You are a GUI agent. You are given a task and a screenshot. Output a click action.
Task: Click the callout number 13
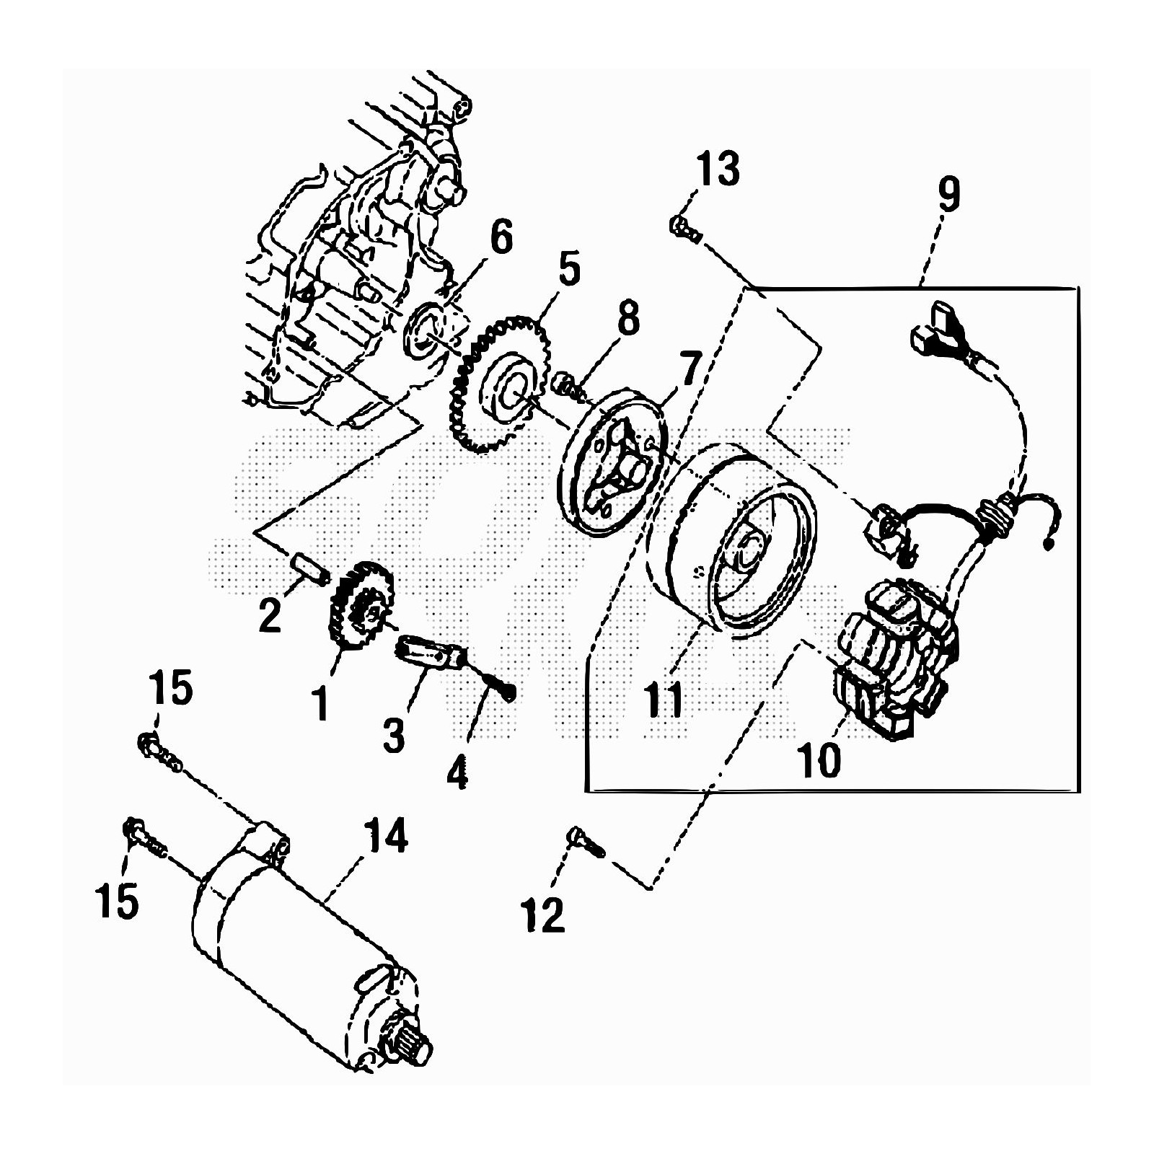tap(718, 169)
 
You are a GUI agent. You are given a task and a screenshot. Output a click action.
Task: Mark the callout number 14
tap(387, 837)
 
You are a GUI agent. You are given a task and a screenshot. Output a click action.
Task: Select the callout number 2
tap(270, 615)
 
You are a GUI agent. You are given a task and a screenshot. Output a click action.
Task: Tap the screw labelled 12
tap(586, 843)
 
